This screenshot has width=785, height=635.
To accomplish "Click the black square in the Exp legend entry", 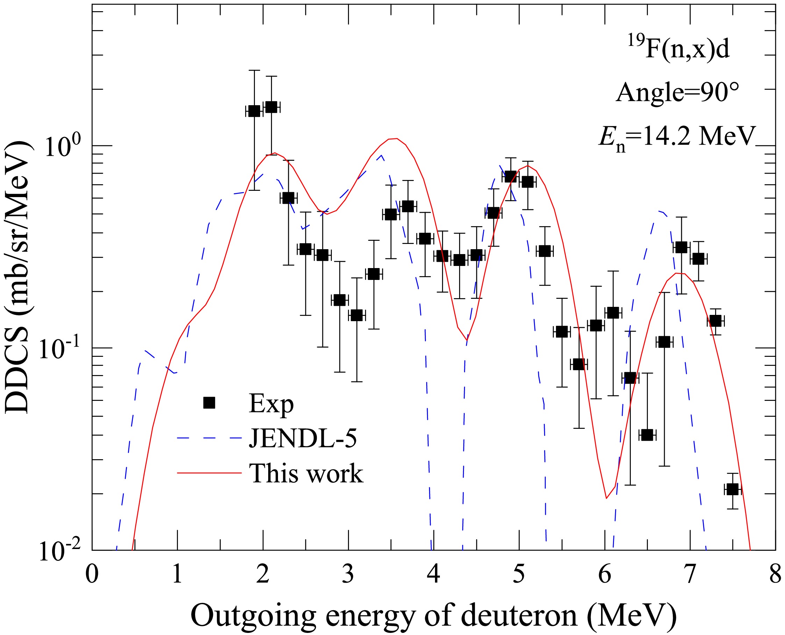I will (209, 403).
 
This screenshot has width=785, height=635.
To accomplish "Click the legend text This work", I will (306, 473).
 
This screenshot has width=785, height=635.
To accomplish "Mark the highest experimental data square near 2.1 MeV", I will (272, 107).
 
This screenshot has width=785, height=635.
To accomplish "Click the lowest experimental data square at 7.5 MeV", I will (732, 489).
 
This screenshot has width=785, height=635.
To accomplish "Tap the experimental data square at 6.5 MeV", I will (647, 435).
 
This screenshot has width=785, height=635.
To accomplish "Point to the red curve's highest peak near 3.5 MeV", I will (394, 139).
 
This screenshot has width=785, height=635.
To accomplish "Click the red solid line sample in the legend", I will (209, 473).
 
